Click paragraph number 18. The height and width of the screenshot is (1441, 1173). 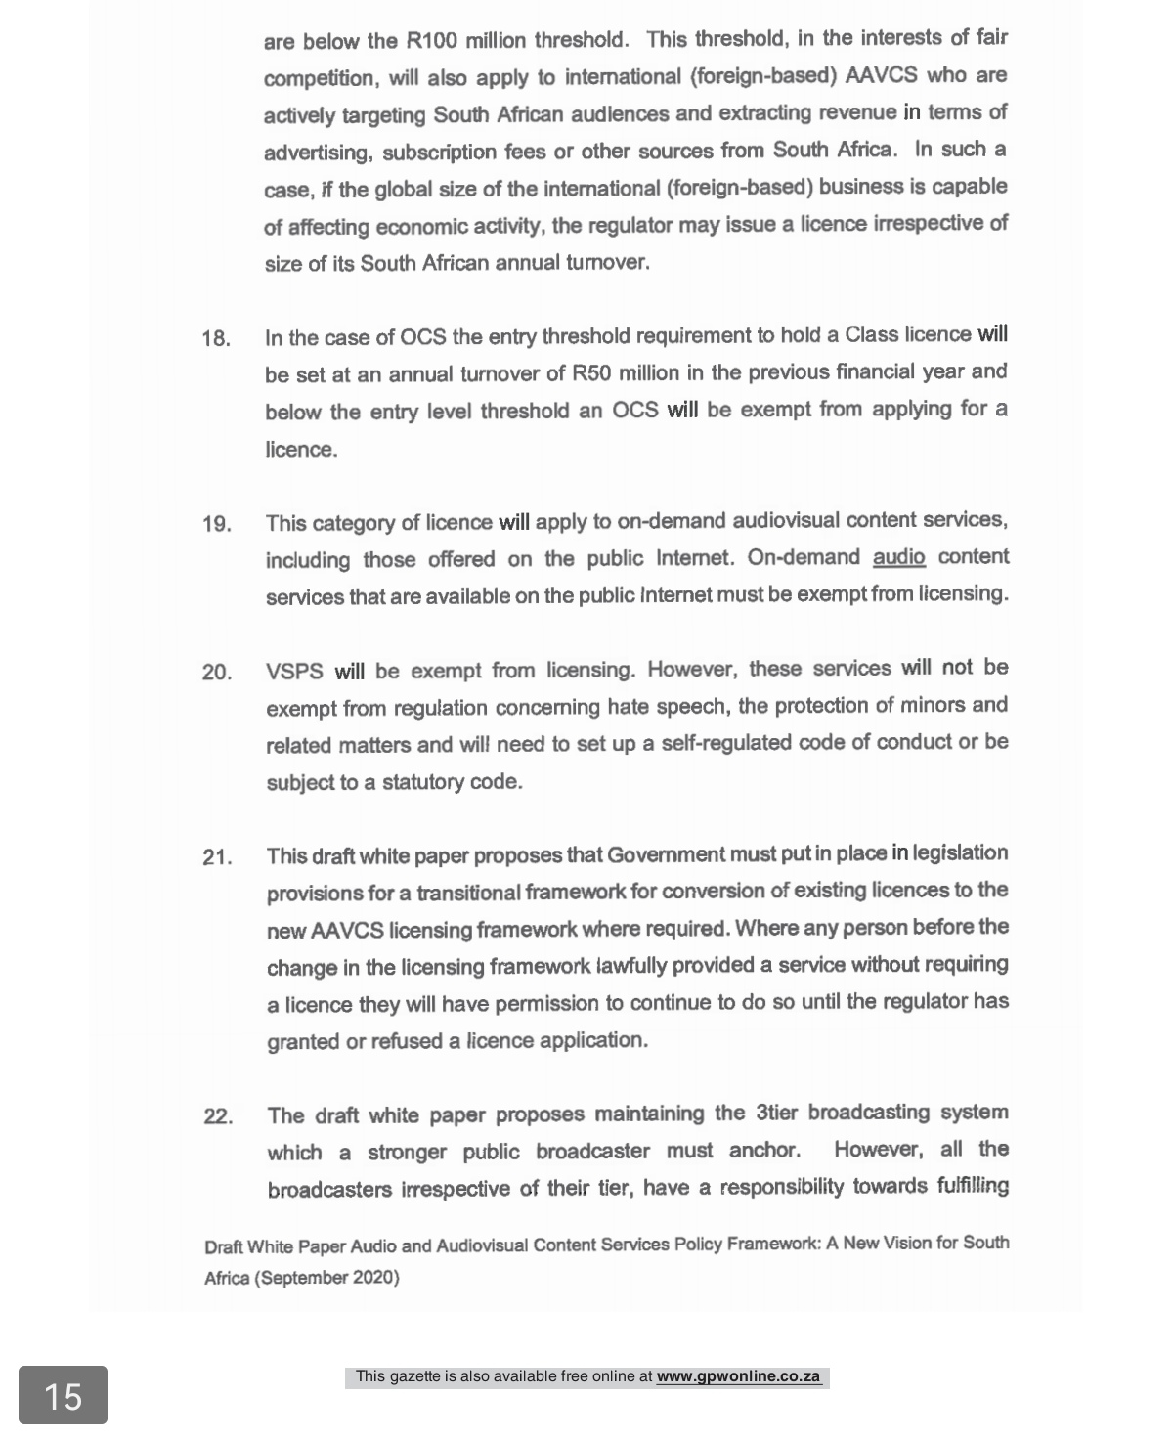point(216,339)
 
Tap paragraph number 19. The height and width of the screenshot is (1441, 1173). point(216,524)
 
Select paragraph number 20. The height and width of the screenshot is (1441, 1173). point(216,673)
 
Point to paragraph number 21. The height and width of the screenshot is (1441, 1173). point(216,857)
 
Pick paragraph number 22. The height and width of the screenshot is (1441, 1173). point(217,1116)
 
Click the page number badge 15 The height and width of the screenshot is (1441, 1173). point(63,1395)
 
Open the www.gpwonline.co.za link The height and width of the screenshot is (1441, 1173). point(738,1376)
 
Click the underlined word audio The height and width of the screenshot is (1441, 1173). point(898,557)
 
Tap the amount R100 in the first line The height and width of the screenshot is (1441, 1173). point(431,41)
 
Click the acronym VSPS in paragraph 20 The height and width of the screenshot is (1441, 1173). point(294,672)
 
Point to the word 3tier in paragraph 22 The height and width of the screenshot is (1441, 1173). point(777,1113)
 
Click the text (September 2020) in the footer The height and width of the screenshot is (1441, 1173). point(326,1277)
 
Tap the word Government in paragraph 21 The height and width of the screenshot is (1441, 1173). point(665,855)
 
